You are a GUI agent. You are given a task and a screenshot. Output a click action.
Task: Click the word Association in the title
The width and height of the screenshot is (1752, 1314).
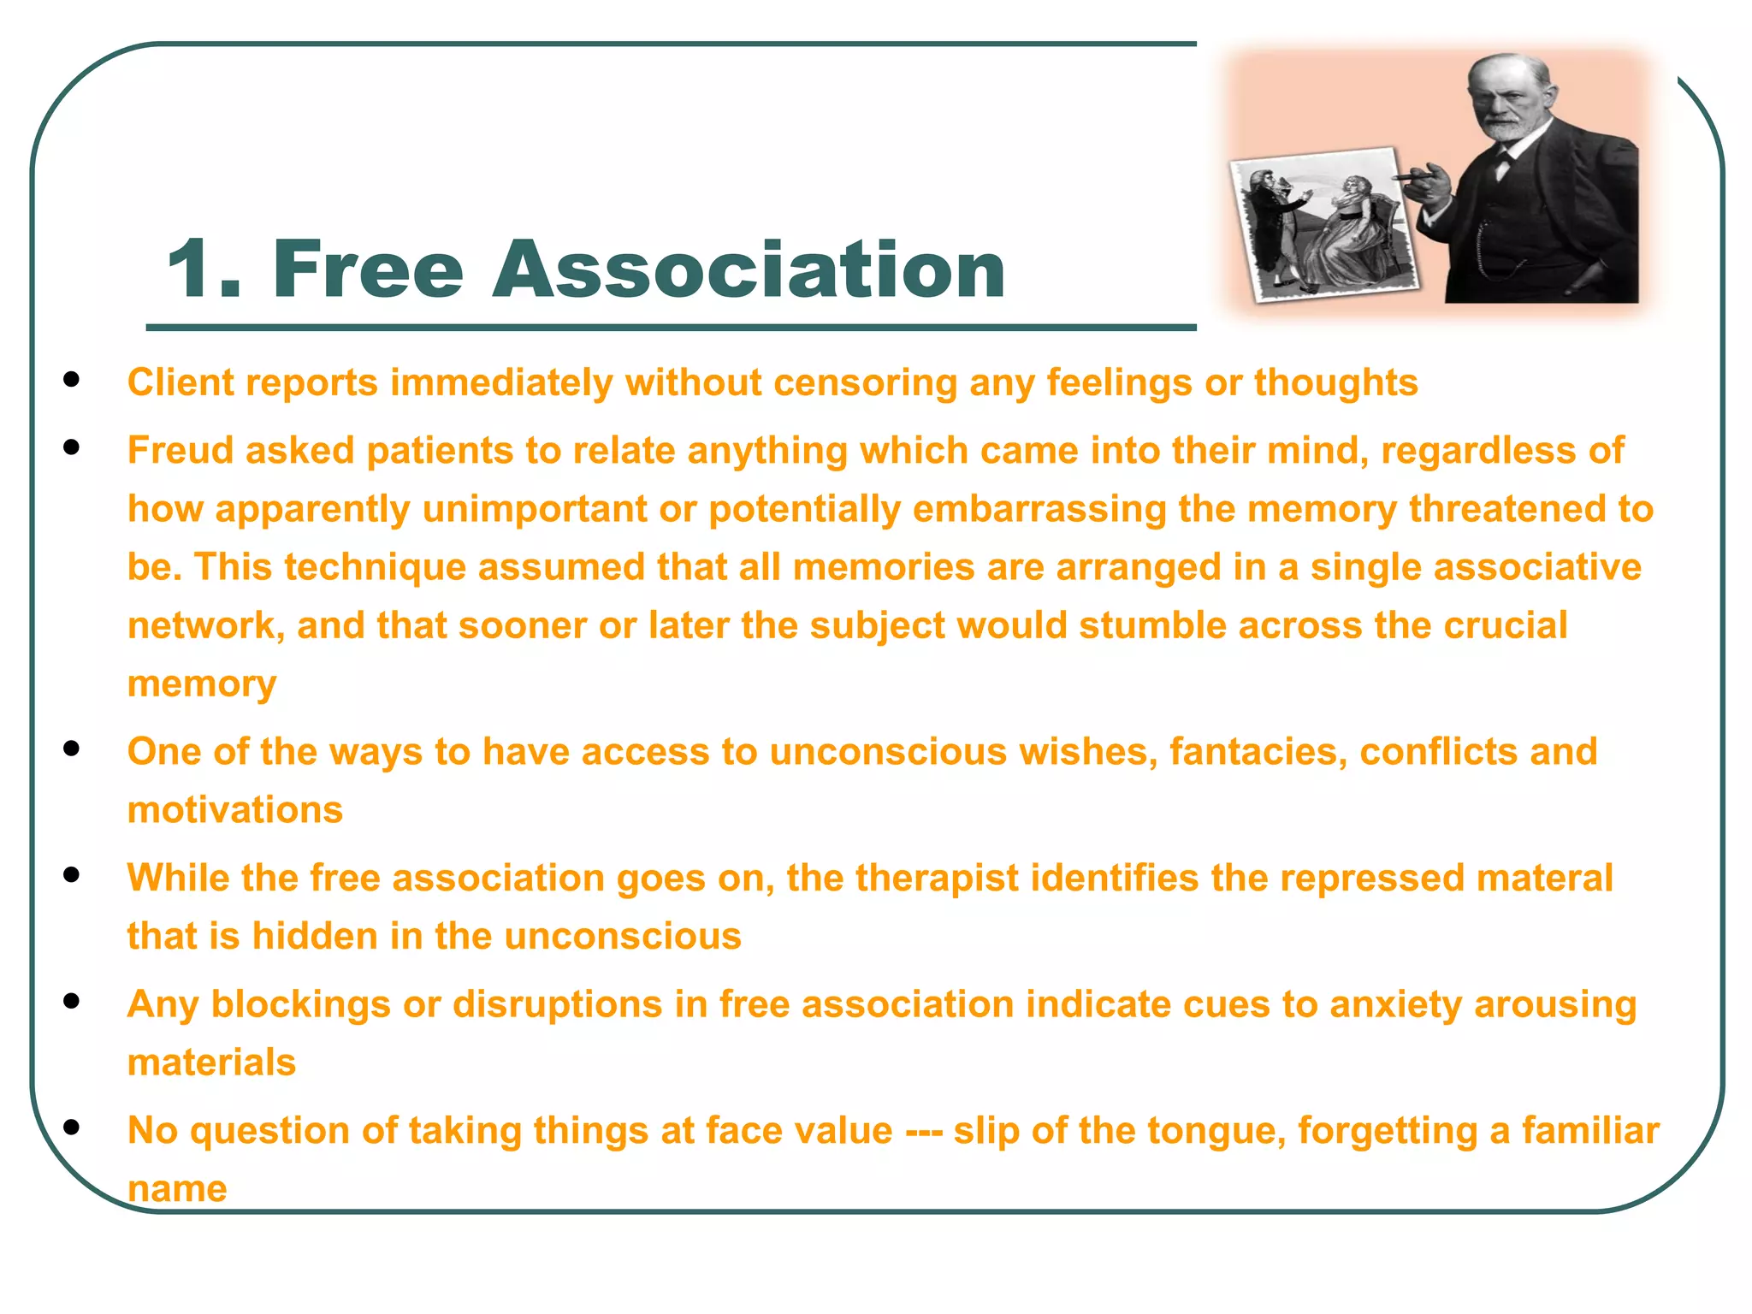pyautogui.click(x=749, y=269)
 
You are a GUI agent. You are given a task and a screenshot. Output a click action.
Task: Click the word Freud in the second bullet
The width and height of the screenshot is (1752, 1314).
pyautogui.click(x=180, y=451)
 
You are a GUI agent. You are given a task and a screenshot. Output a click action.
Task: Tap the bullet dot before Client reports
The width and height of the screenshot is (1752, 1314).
pyautogui.click(x=72, y=379)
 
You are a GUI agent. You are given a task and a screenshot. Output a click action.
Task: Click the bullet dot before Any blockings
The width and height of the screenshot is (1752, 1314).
pyautogui.click(x=72, y=1000)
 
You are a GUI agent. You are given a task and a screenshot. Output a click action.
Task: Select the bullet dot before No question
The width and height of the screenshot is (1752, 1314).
pyautogui.click(x=72, y=1127)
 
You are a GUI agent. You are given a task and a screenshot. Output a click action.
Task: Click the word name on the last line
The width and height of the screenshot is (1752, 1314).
pyautogui.click(x=177, y=1189)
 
